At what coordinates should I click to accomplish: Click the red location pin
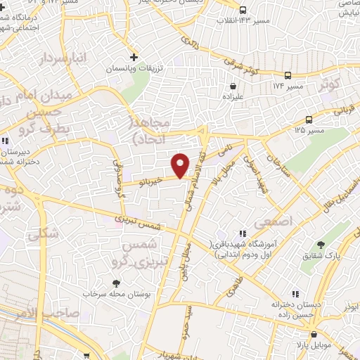[181, 165]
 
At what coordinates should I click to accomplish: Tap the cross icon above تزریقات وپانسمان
[134, 57]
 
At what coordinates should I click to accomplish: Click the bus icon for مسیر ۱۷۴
[288, 75]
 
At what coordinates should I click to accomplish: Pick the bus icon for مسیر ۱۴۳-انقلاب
[243, 10]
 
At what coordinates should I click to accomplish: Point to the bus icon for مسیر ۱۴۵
[309, 120]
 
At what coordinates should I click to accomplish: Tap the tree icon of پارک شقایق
[321, 245]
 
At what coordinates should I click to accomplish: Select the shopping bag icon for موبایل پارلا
[314, 334]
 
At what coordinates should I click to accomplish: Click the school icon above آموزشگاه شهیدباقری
[242, 233]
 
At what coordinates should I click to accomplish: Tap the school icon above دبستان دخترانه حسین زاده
[295, 294]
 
